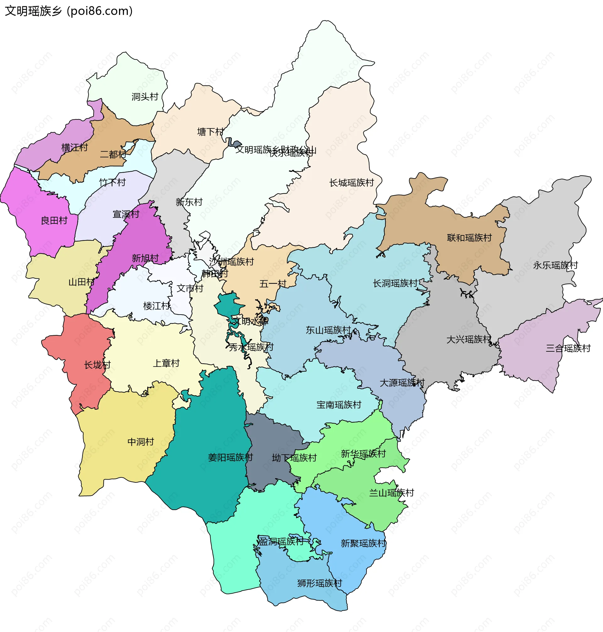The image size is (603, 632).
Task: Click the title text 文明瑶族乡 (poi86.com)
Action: coord(68,11)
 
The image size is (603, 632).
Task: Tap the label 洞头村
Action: coord(145,96)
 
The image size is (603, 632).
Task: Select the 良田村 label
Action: coord(54,220)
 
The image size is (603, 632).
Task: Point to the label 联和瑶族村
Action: coord(469,238)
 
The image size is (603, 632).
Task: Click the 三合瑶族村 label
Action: coord(568,348)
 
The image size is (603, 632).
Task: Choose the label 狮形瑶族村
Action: coord(319,583)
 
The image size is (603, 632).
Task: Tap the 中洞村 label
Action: coord(141,442)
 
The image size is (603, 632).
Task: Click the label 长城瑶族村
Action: coord(351,183)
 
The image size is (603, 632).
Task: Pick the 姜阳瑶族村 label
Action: coord(231,457)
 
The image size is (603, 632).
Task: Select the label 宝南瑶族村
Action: coord(339,405)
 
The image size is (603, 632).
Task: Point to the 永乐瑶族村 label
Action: coord(556,265)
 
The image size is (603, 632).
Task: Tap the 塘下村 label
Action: coord(210,132)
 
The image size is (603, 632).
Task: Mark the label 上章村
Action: coord(166,363)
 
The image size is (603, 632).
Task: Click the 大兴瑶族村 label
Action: coord(469,339)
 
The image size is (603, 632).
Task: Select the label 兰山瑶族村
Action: coord(391,493)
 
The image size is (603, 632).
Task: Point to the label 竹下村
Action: coord(112,182)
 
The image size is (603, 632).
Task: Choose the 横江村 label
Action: coord(74,148)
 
